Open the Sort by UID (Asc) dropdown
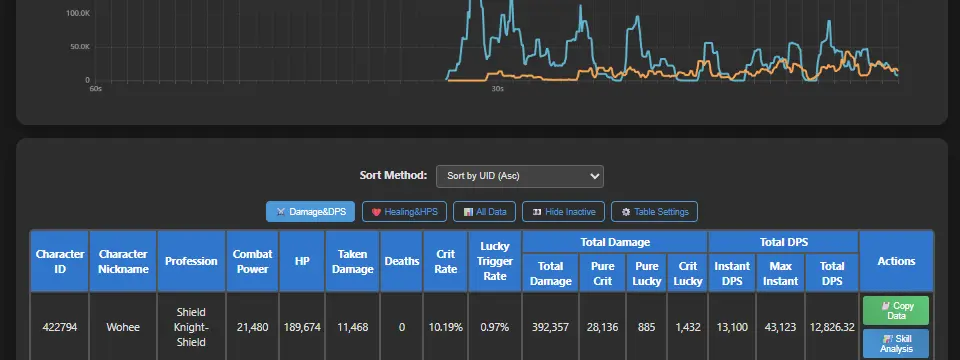[520, 176]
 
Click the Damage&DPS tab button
[310, 212]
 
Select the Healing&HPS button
[404, 212]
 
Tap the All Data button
[484, 212]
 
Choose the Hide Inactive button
[563, 212]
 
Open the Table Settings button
[654, 212]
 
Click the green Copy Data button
[896, 310]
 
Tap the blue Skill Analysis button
[896, 343]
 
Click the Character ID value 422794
[60, 328]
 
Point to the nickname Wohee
[123, 328]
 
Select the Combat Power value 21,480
[252, 328]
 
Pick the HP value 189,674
[302, 328]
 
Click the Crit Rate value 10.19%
[446, 328]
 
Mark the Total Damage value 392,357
[550, 328]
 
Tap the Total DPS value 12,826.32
[831, 328]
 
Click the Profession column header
[192, 261]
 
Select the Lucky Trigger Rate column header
[495, 261]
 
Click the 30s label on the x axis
[498, 89]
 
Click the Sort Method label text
[393, 176]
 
